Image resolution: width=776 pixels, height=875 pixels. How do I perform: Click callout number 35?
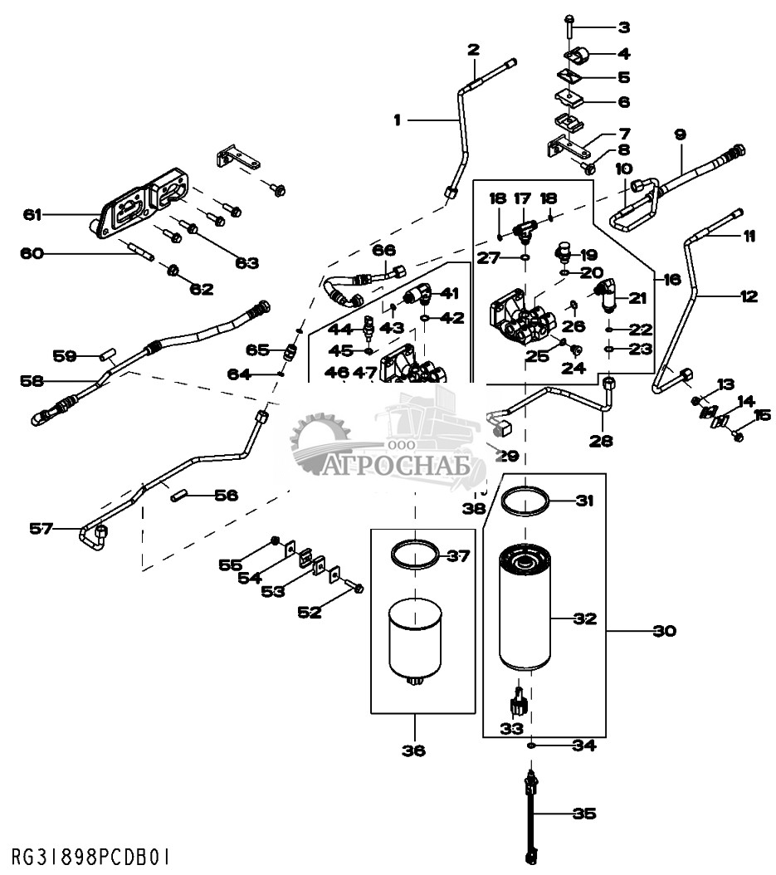click(x=585, y=814)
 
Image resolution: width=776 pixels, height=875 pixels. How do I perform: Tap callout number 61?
click(x=32, y=215)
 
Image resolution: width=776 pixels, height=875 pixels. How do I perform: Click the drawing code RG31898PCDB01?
click(x=92, y=855)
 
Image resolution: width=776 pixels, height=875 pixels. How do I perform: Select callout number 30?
click(x=665, y=631)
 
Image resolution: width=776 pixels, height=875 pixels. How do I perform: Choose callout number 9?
click(x=680, y=134)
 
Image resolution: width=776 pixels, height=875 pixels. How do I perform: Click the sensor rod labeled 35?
click(x=530, y=818)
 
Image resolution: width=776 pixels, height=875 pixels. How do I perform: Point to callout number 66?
click(x=384, y=250)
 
